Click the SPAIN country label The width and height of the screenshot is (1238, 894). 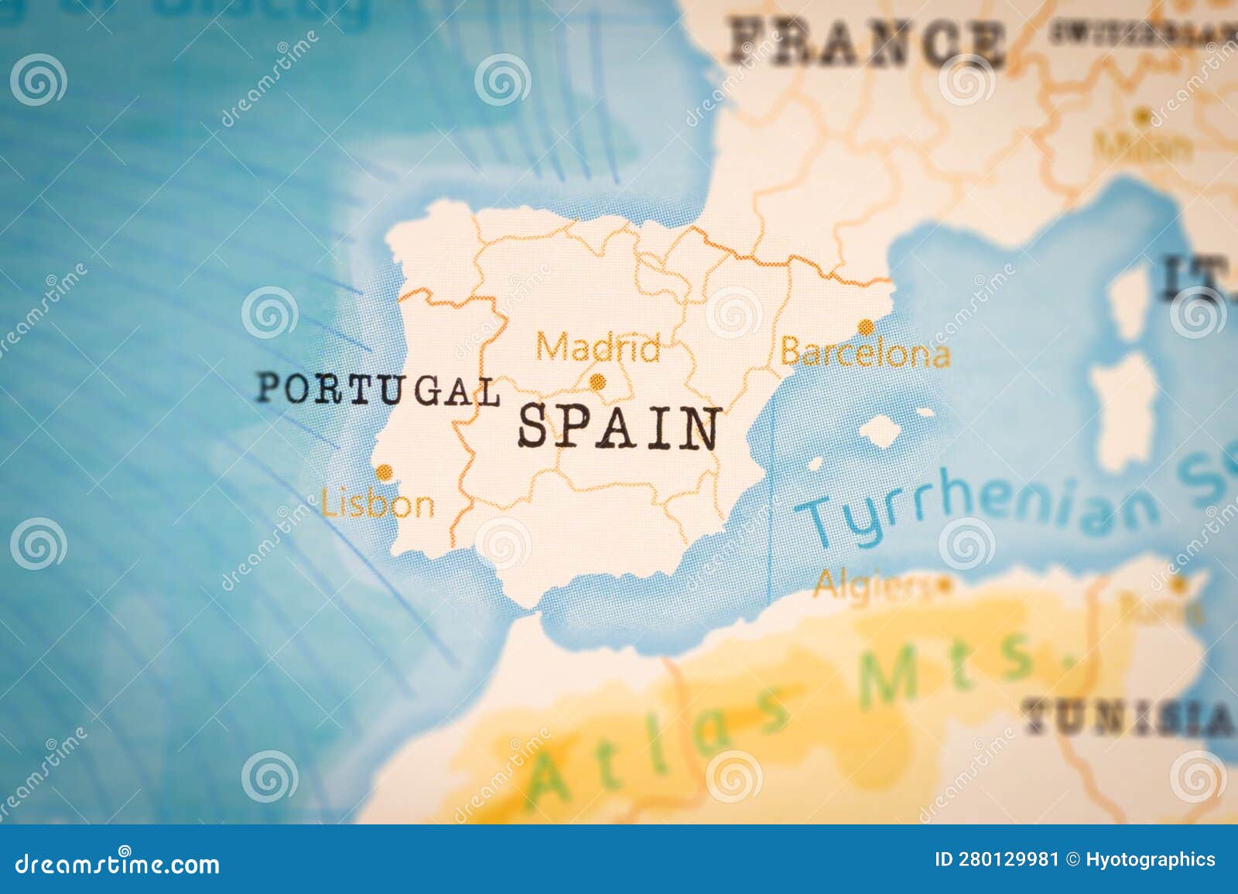(618, 428)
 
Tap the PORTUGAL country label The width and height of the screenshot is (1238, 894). (378, 389)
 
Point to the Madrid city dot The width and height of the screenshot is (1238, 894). (597, 381)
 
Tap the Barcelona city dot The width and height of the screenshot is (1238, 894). (866, 327)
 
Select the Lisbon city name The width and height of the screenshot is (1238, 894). (378, 505)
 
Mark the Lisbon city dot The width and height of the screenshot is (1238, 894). (384, 472)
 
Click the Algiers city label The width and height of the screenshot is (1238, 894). (871, 585)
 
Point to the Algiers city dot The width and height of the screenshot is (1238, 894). (943, 585)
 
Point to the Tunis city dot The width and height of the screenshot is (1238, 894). (1178, 583)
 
